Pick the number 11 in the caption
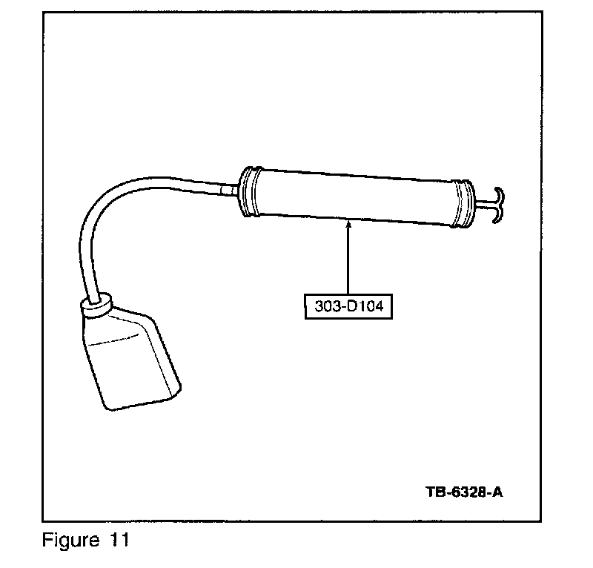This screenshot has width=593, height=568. (117, 540)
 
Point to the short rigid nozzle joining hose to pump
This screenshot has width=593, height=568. (229, 190)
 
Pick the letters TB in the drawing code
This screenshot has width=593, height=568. (436, 492)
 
